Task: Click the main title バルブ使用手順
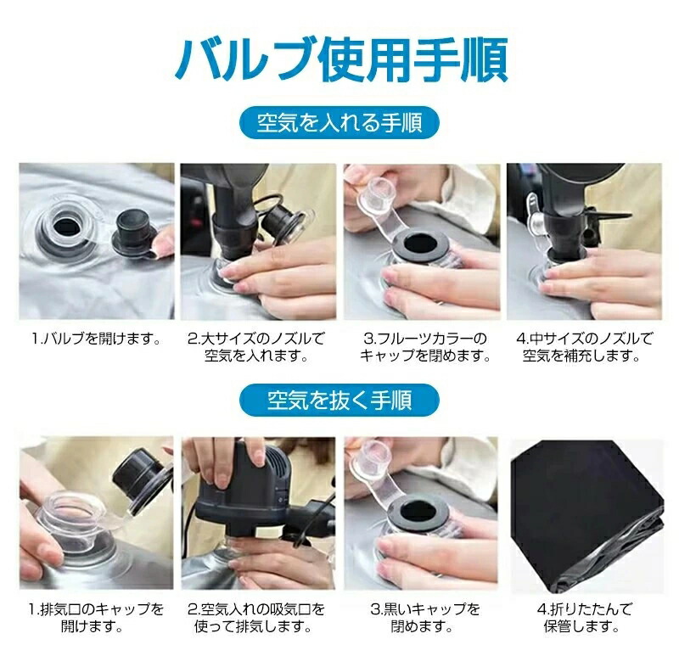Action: coord(341,59)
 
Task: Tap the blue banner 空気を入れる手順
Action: coord(339,122)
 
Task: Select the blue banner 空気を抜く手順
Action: coord(339,400)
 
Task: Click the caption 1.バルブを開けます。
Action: coord(97,339)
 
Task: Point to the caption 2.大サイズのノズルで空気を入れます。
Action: coord(256,347)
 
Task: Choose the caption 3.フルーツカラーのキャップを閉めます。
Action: coord(425,347)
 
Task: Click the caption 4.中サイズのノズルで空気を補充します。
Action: coord(583,347)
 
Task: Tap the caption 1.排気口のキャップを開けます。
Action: coord(96,618)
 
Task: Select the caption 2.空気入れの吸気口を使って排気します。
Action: coord(256,618)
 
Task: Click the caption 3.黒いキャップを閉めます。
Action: coord(425,618)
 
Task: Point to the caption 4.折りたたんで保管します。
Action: coord(584,618)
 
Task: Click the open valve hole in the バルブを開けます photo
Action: coord(66,227)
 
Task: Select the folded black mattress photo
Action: coord(586,515)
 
